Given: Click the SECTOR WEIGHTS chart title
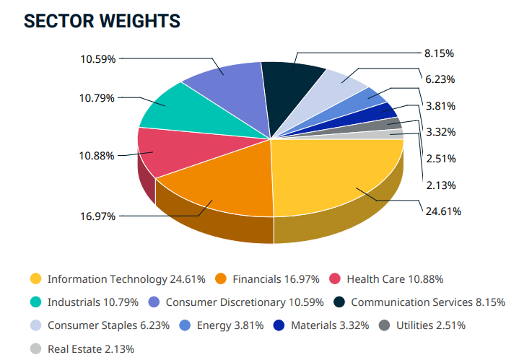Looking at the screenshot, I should coord(102,21).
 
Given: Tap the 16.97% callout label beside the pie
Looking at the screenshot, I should coord(97,216).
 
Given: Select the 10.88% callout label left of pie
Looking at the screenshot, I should coord(96,155).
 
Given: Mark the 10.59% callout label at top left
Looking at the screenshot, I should coord(97,59).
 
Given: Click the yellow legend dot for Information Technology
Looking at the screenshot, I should coord(35,279).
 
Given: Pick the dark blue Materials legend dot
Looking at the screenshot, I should coord(279,325).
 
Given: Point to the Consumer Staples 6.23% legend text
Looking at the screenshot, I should coord(108,325).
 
